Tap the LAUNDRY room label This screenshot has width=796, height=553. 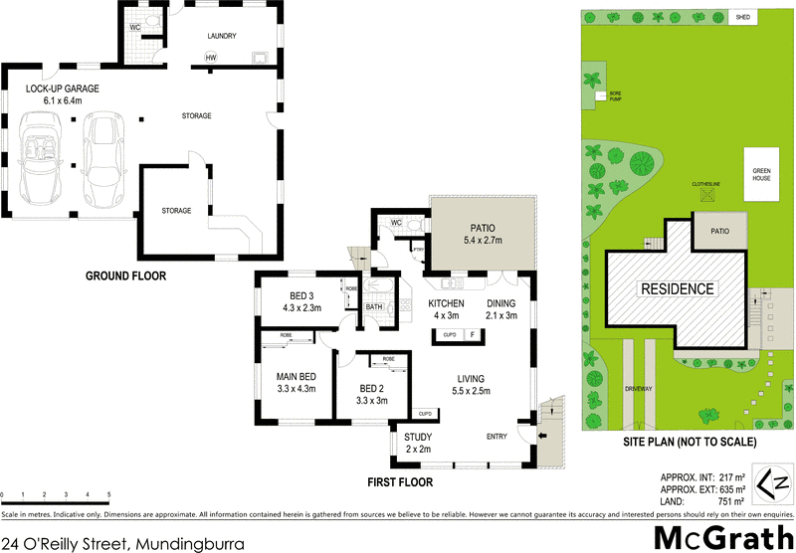(221, 36)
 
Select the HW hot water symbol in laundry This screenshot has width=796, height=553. (211, 58)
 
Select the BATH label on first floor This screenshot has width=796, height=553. (374, 307)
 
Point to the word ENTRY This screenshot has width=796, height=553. (498, 436)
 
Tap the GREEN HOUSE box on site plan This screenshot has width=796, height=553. (761, 173)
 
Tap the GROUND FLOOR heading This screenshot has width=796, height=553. (125, 276)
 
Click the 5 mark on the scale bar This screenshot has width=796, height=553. (108, 493)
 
